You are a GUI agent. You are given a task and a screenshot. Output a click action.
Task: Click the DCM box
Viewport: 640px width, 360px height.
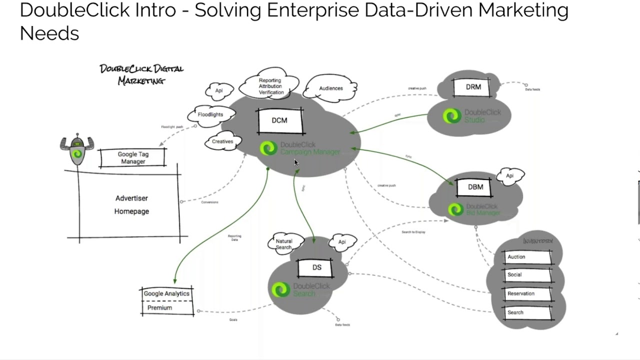point(280,121)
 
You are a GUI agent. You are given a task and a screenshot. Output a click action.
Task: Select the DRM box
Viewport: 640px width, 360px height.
point(473,87)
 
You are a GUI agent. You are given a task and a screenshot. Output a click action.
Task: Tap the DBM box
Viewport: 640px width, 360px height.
point(475,187)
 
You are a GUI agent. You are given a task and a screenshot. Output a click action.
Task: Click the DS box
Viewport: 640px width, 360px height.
point(317,267)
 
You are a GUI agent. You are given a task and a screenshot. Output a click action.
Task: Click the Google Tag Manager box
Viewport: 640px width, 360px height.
point(133,158)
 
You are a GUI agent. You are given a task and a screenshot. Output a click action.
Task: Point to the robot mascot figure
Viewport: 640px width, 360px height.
point(76,150)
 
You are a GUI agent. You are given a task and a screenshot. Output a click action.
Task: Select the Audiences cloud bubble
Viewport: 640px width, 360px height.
point(330,88)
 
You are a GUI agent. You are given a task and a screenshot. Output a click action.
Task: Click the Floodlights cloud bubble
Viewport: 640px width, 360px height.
point(210,114)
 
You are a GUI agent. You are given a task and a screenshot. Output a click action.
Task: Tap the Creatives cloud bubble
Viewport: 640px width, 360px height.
point(222,141)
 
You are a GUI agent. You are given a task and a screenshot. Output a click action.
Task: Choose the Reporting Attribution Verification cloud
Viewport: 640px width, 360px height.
point(270,86)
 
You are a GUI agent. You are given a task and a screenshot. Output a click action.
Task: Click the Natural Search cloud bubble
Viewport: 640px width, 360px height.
point(284,244)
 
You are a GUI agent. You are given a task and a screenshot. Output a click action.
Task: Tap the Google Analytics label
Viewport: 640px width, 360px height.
point(166,293)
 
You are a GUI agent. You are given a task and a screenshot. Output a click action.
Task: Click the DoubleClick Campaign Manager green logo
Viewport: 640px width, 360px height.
point(268,148)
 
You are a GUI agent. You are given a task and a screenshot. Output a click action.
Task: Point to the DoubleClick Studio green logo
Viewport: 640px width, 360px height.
point(451,116)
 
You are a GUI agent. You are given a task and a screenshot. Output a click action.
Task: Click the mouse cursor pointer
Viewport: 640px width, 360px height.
point(296,163)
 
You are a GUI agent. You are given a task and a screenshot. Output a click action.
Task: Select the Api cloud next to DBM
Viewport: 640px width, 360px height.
point(510,176)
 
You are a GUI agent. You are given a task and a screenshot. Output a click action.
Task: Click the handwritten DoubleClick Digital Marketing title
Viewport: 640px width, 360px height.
point(141,74)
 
